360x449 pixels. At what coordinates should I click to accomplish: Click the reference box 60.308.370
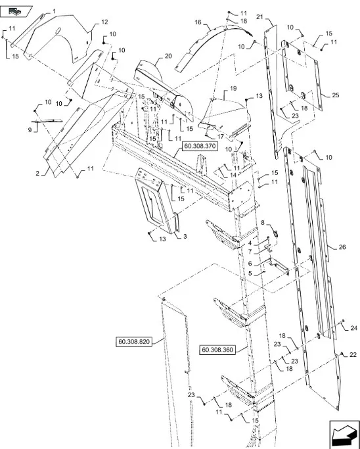tap(199, 147)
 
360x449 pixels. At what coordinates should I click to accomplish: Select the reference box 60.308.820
tap(134, 342)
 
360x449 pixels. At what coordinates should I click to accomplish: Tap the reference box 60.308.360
tap(217, 350)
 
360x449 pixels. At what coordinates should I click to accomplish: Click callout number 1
tap(54, 11)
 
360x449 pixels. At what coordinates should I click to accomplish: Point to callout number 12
tap(104, 22)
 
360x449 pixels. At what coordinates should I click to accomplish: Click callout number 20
tap(168, 56)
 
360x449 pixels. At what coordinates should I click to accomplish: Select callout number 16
tap(198, 22)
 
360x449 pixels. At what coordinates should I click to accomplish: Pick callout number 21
tap(259, 17)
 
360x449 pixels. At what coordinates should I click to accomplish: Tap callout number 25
tap(336, 95)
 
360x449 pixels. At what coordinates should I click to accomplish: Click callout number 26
tap(342, 247)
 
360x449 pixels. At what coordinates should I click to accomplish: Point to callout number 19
tap(233, 89)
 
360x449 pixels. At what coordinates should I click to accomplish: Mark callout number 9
tap(30, 130)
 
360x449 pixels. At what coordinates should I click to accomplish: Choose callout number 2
tap(37, 174)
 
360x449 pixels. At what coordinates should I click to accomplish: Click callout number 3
tap(185, 237)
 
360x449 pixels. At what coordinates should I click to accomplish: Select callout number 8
tap(263, 223)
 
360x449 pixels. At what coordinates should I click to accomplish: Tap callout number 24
tap(354, 328)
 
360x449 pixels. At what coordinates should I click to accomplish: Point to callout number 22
tap(353, 355)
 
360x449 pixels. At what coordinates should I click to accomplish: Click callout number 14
tap(233, 175)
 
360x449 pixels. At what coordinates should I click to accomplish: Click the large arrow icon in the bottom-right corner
tap(344, 435)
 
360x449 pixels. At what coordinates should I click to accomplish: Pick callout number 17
tap(221, 137)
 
